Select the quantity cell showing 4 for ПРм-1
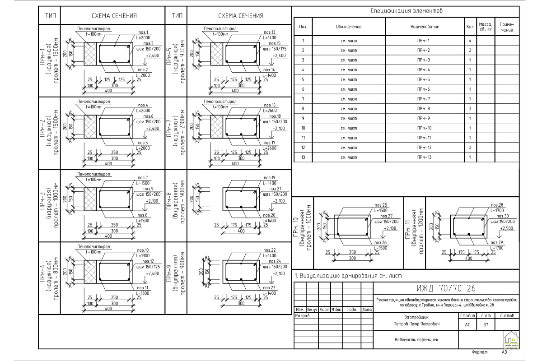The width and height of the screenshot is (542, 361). tap(470, 41)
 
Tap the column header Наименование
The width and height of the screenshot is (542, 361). tap(425, 27)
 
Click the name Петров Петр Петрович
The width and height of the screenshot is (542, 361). tap(409, 324)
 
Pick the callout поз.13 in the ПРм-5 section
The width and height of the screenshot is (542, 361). tap(270, 32)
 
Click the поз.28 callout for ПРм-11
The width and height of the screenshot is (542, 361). tap(497, 205)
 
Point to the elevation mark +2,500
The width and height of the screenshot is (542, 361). tap(507, 229)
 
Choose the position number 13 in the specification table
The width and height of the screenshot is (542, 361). tap(304, 157)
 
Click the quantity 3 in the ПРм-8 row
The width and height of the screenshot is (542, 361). tap(470, 109)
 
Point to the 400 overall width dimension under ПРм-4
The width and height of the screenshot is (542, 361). tap(108, 309)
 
